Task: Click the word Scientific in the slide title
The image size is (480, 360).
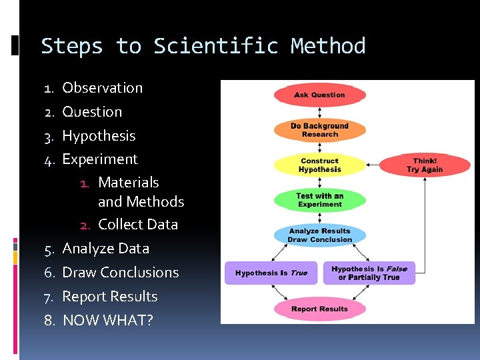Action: (x=215, y=46)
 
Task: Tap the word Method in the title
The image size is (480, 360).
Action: (x=328, y=46)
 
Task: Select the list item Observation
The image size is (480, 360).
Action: (x=102, y=88)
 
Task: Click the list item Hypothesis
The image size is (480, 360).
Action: (x=99, y=136)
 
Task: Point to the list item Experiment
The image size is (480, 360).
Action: (x=100, y=159)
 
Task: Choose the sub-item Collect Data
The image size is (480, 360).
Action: (x=138, y=225)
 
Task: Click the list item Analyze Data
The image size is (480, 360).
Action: (x=105, y=249)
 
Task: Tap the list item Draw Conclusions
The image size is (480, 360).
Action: (x=120, y=273)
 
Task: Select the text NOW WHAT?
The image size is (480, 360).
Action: (x=107, y=321)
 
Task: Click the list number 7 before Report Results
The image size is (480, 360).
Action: (x=49, y=297)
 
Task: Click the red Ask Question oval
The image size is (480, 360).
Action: (x=319, y=95)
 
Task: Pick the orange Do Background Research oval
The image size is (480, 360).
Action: (x=319, y=130)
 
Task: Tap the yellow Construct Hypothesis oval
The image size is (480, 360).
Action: (x=319, y=165)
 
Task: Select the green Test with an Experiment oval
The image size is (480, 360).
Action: (x=319, y=200)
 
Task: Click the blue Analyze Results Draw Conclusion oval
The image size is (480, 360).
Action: (x=319, y=235)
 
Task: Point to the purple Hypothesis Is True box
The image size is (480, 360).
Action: (x=271, y=273)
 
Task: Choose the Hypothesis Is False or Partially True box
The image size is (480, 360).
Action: (x=369, y=273)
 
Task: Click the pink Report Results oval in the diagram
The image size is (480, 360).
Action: (x=319, y=309)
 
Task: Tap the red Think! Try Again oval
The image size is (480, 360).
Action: (x=425, y=165)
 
